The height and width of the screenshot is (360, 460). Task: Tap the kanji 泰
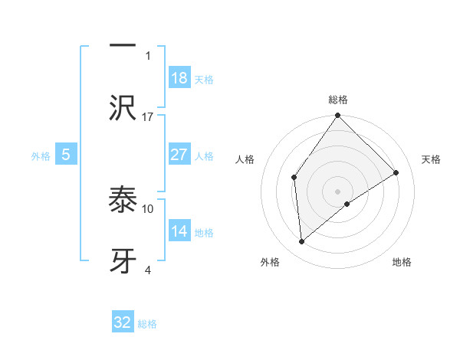pos(123,201)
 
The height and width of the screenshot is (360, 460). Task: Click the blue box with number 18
pos(179,78)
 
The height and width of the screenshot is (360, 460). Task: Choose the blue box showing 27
pos(179,155)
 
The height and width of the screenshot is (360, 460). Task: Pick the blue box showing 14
pos(179,231)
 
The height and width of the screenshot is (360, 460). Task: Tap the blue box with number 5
pos(66,155)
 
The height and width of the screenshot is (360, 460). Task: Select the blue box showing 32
pos(123,322)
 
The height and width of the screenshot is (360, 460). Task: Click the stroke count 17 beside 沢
pos(148,116)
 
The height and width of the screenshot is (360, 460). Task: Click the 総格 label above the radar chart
pos(338,100)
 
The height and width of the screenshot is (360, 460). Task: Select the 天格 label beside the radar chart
pos(432,159)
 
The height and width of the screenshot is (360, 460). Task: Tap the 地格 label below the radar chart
pos(402,262)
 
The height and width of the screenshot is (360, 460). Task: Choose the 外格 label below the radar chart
pos(270,262)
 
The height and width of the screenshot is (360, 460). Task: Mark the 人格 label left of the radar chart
pos(245,159)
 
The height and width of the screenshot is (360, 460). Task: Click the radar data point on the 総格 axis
pos(338,116)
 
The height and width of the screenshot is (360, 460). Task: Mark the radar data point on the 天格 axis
pos(396,172)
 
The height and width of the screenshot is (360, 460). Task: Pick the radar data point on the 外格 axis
pos(302,241)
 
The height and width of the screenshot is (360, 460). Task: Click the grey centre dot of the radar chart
pos(338,191)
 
